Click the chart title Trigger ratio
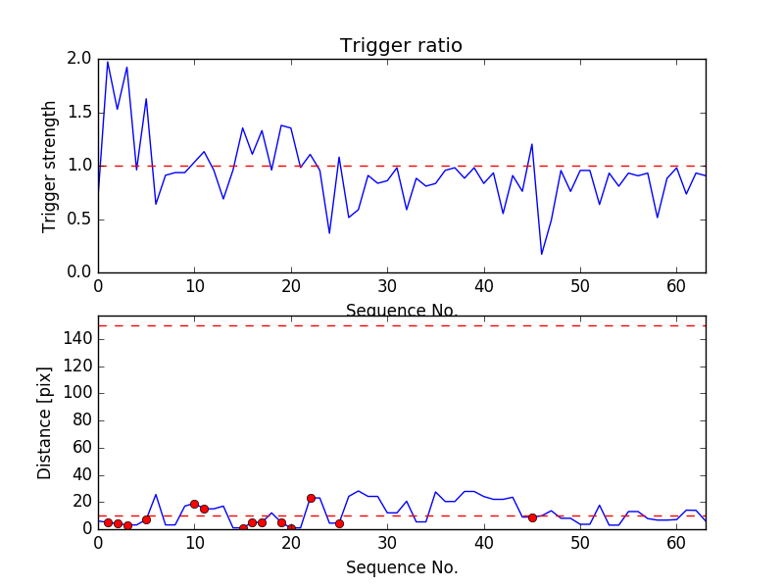(401, 46)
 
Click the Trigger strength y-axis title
(50, 166)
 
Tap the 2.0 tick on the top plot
(78, 59)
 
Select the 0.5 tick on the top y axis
(78, 219)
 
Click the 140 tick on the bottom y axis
(76, 339)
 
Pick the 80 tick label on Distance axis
(80, 420)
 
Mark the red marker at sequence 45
(532, 517)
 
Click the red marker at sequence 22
(311, 498)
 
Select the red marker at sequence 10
(194, 504)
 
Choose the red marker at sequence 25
(339, 523)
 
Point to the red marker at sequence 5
(146, 519)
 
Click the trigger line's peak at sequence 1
(108, 62)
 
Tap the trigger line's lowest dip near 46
(542, 255)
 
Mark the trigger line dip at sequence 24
(329, 233)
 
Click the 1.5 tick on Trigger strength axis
(78, 113)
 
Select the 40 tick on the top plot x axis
(483, 286)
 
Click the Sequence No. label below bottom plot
(401, 567)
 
